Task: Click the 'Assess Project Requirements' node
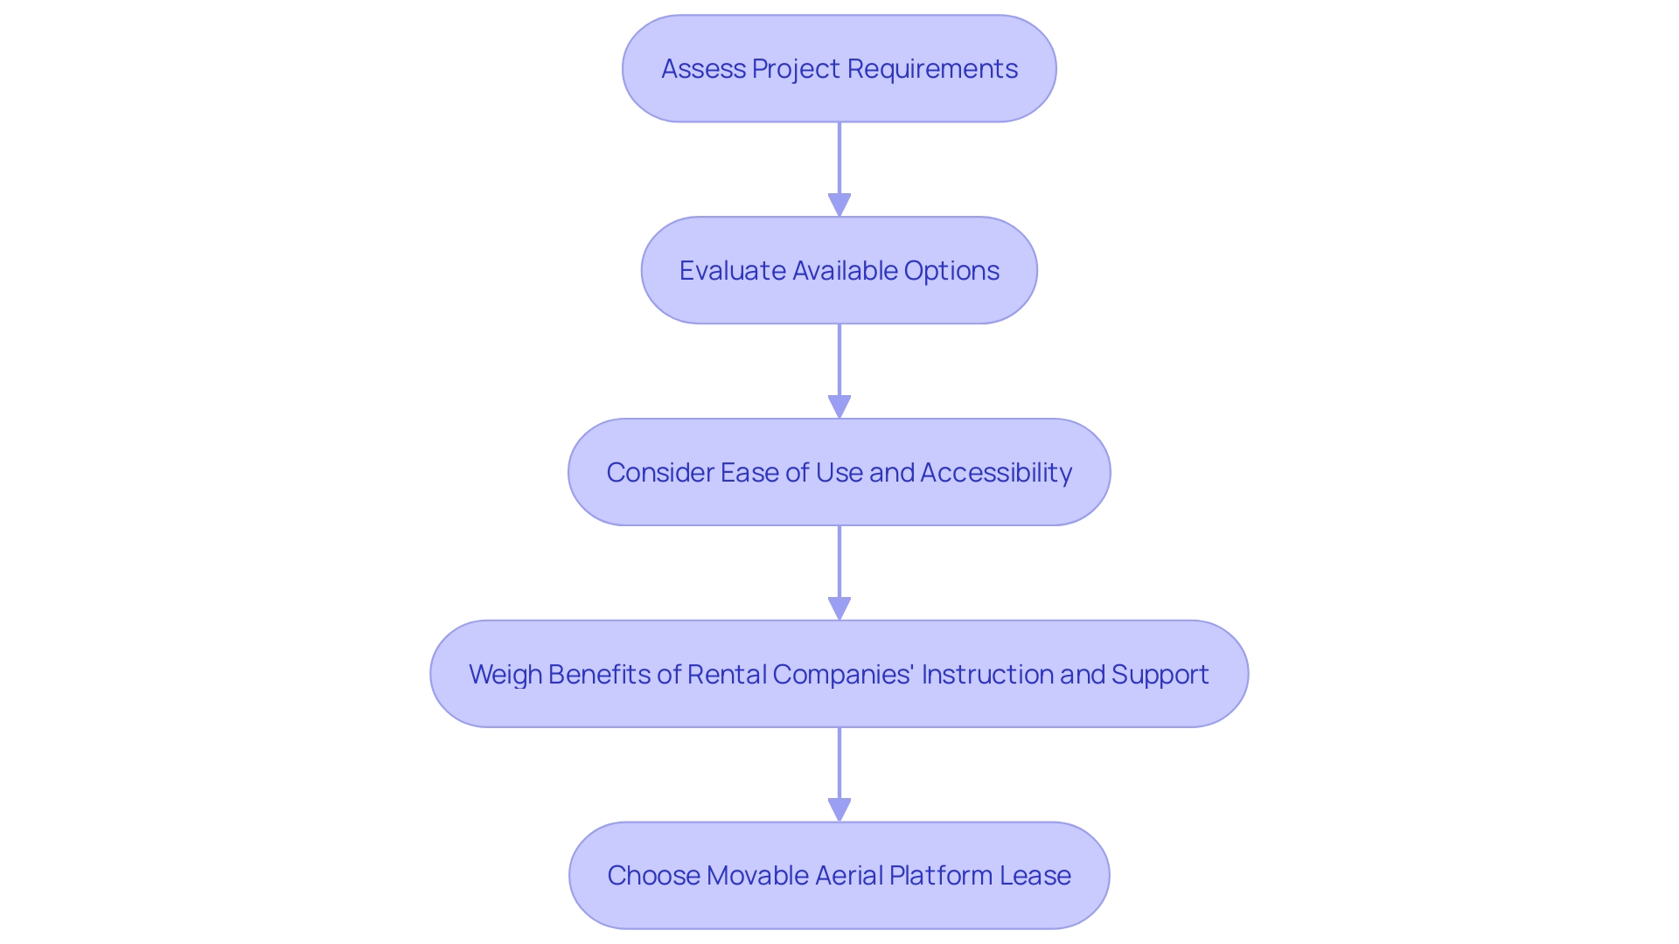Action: click(x=839, y=68)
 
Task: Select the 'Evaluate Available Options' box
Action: click(x=839, y=270)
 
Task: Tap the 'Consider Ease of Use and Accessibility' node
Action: click(x=839, y=472)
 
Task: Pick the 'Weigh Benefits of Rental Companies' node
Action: click(x=839, y=674)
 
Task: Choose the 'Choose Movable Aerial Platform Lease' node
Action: click(x=839, y=875)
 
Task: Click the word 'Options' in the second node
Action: click(x=951, y=271)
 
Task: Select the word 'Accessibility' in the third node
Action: click(x=996, y=473)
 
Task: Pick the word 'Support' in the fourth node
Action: click(x=1160, y=674)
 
